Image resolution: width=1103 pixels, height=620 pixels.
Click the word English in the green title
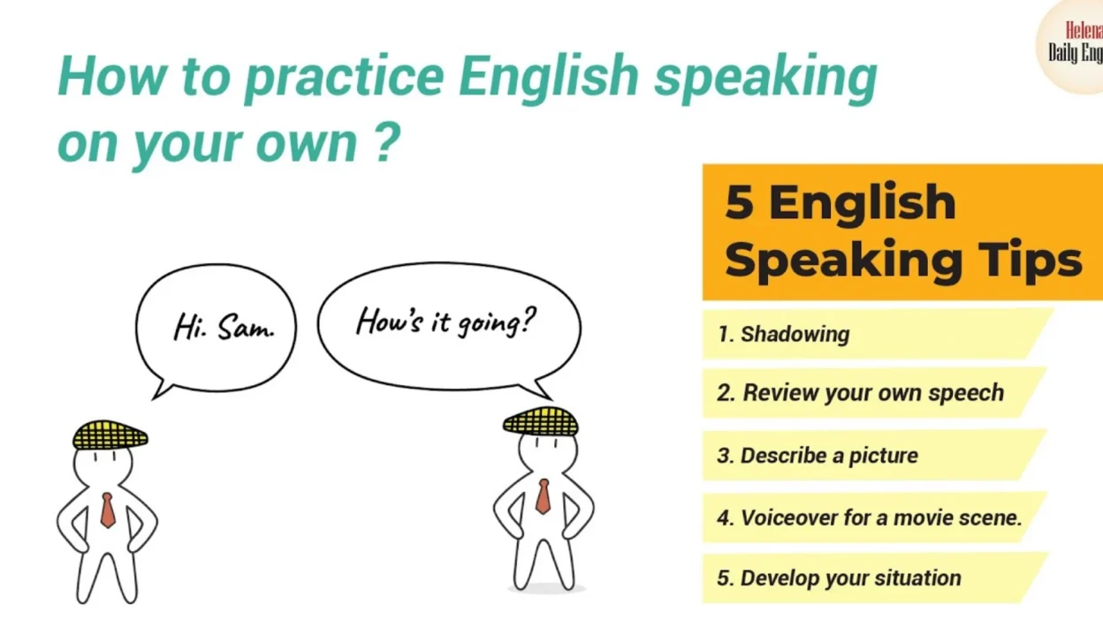(x=547, y=78)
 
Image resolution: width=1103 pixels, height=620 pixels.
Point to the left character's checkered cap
(x=110, y=435)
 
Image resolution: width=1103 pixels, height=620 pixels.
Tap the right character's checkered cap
(x=541, y=421)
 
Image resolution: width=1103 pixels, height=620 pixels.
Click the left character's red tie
(x=108, y=510)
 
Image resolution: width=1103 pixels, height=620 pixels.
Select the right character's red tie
(x=543, y=496)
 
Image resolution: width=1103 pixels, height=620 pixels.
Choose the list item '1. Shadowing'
(x=783, y=334)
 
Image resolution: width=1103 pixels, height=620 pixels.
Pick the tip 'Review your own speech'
(x=860, y=393)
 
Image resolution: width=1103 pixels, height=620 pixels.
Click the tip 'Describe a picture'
(x=818, y=456)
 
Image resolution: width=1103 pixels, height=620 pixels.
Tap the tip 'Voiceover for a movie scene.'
(x=869, y=518)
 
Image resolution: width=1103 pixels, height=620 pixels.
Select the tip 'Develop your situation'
(x=839, y=578)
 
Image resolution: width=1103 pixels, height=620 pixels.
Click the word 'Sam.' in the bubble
(x=247, y=329)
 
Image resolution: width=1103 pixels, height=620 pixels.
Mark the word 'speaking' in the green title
(x=764, y=78)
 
